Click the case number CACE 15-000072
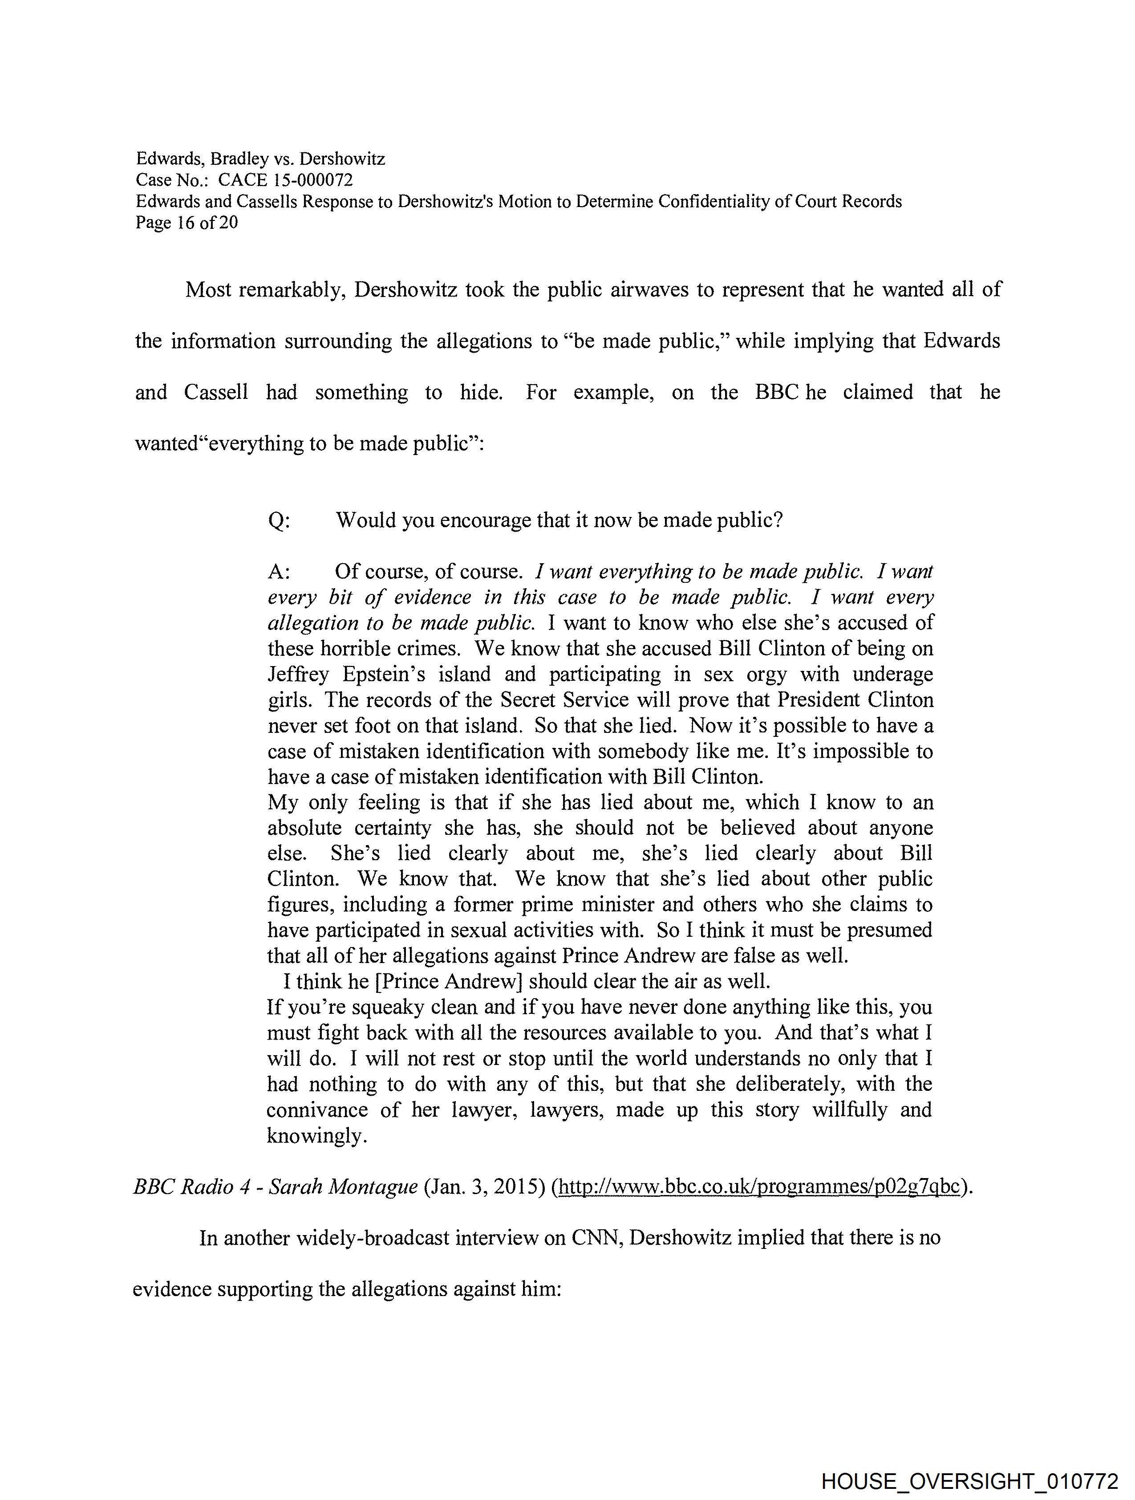[285, 180]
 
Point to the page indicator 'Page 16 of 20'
[186, 223]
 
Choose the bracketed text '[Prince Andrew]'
[448, 981]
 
